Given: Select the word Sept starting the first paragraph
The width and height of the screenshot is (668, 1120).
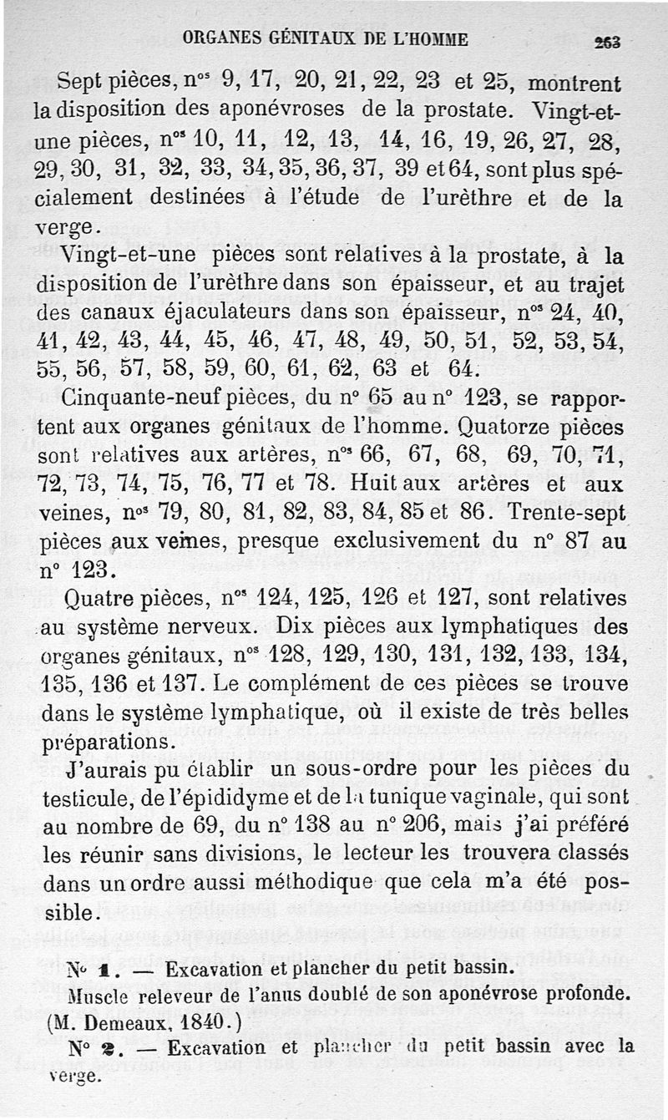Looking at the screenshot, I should coord(83,83).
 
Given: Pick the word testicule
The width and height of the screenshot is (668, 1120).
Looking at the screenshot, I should coord(82,799).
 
